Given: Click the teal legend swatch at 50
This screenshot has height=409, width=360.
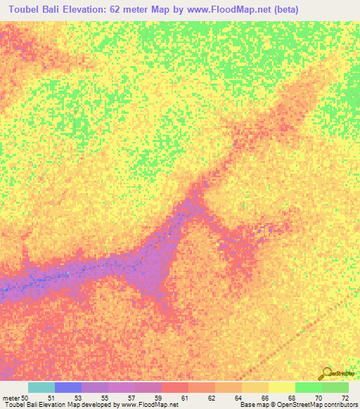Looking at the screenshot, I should click(x=41, y=387).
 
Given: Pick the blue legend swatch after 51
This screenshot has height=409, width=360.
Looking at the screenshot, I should click(x=68, y=387).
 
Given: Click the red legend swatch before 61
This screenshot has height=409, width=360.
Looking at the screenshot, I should click(x=175, y=387).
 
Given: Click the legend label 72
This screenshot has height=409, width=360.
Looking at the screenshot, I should click(x=344, y=397).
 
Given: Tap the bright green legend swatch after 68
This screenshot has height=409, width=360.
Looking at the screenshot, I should click(x=308, y=387).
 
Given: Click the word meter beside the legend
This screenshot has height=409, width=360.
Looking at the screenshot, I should click(x=11, y=397).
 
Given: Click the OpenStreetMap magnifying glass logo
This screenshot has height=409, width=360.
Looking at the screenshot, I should click(x=326, y=373).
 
